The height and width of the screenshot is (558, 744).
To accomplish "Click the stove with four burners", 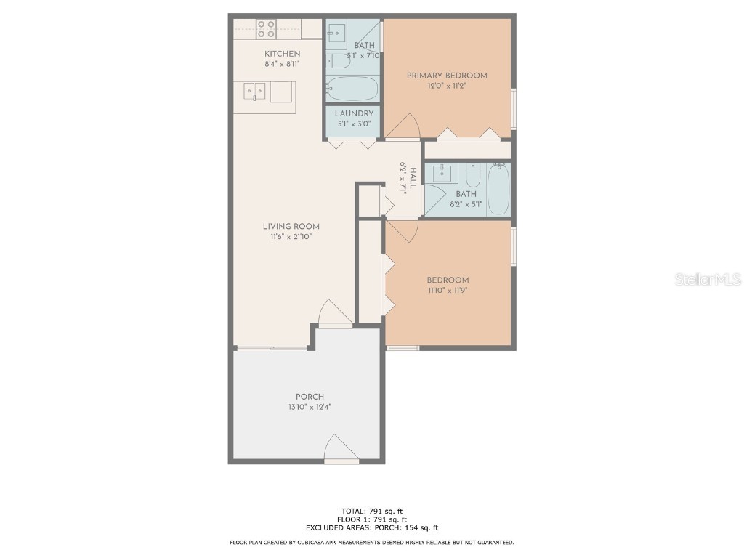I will pyautogui.click(x=266, y=29).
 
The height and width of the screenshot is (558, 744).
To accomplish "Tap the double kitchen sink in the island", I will pyautogui.click(x=254, y=92).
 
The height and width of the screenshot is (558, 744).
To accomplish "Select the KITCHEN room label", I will pyautogui.click(x=282, y=54).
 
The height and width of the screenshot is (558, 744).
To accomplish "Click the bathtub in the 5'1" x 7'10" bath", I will pyautogui.click(x=352, y=89).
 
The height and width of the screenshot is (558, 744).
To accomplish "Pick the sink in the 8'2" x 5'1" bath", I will pyautogui.click(x=442, y=174).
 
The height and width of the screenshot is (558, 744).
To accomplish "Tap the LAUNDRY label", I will pyautogui.click(x=354, y=113).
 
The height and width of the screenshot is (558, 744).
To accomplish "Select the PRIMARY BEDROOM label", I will pyautogui.click(x=446, y=76).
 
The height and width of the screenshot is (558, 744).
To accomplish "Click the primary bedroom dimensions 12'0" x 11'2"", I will pyautogui.click(x=446, y=86).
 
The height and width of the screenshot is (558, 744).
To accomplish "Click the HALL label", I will pyautogui.click(x=412, y=177).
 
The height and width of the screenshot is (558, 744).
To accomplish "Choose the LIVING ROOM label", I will pyautogui.click(x=291, y=227).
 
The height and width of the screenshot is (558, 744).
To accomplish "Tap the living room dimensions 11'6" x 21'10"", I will pyautogui.click(x=291, y=237).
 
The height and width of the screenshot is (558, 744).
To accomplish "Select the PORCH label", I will pyautogui.click(x=310, y=397).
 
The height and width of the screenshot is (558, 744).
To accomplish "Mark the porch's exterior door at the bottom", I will pyautogui.click(x=341, y=450).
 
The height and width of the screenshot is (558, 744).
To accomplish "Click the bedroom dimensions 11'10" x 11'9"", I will pyautogui.click(x=447, y=291).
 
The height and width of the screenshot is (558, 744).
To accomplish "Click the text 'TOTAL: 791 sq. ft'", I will pyautogui.click(x=371, y=510).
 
